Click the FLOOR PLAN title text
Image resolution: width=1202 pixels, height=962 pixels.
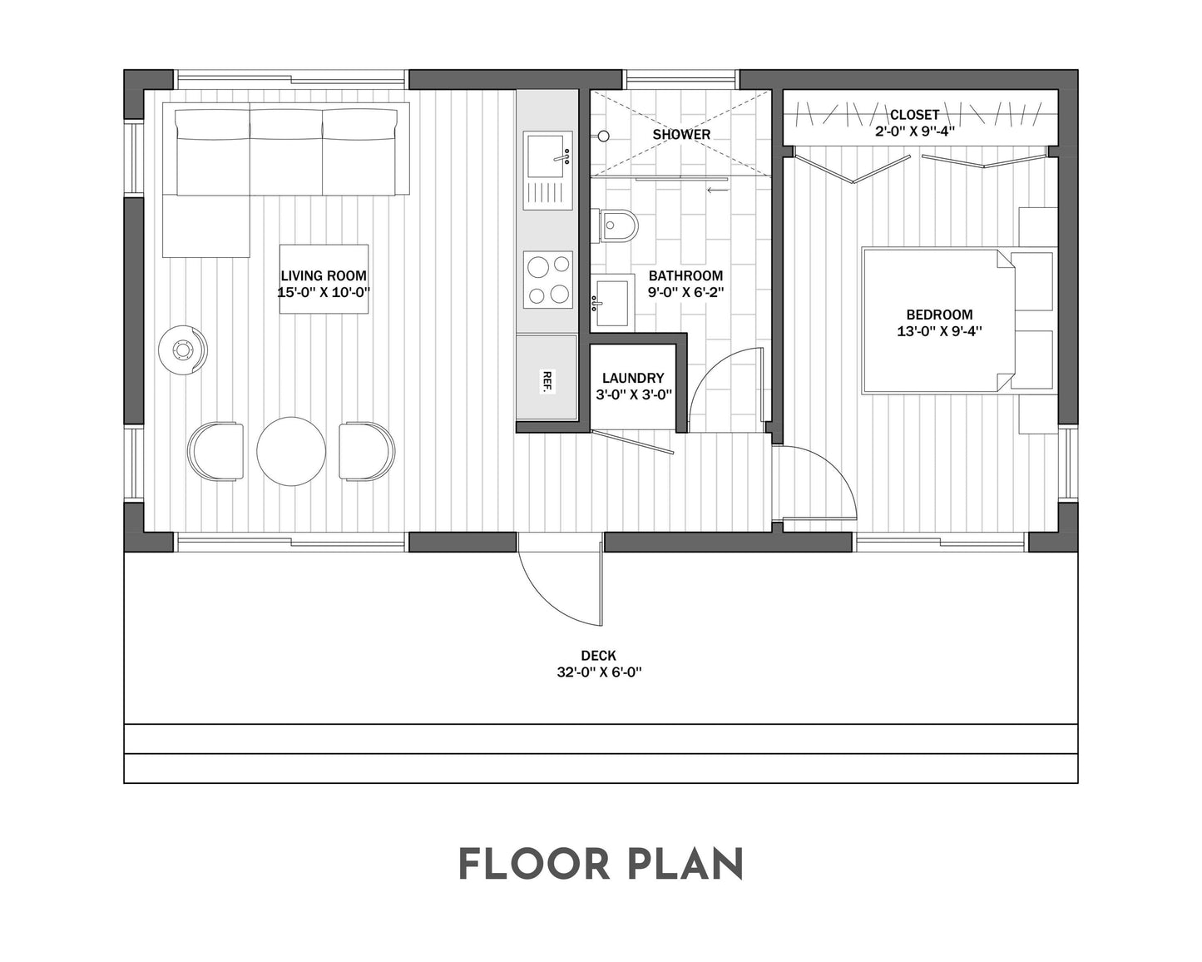coord(601,865)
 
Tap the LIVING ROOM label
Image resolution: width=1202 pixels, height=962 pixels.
coord(324,276)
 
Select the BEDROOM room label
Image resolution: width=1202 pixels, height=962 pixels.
coord(939,315)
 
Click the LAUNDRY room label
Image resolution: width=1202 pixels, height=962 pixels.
coord(633,378)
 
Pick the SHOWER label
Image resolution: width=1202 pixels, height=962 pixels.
coord(681,134)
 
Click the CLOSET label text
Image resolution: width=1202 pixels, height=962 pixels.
coord(914,115)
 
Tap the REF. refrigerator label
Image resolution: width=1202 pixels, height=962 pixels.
coord(547,380)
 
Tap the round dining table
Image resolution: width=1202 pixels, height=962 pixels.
coord(291,451)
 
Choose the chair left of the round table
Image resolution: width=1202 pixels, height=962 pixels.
coord(216,451)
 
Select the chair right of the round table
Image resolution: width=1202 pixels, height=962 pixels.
coord(366,451)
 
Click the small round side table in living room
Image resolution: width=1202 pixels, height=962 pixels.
coord(182,350)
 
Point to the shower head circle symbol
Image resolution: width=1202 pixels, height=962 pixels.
coord(605,135)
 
